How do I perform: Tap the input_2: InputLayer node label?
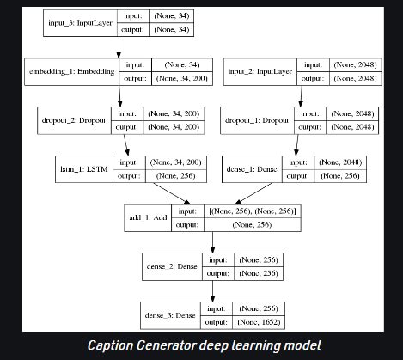[x=255, y=72]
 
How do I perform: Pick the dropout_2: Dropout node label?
[x=75, y=121]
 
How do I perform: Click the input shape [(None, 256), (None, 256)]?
[x=254, y=211]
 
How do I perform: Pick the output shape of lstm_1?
[x=169, y=176]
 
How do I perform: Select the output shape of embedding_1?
[x=181, y=80]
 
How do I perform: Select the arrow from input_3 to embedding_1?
[x=119, y=49]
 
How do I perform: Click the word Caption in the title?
[x=117, y=346]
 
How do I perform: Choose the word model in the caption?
[x=296, y=346]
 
